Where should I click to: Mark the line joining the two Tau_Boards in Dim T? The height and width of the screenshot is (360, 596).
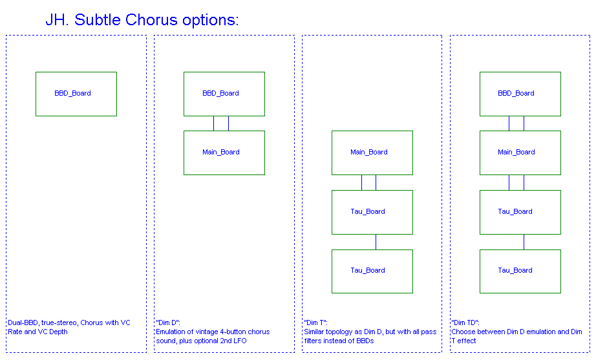376,242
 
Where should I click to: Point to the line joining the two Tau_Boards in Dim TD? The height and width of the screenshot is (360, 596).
524,242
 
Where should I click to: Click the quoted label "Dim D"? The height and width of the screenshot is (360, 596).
167,323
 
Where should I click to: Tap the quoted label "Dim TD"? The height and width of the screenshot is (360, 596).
465,323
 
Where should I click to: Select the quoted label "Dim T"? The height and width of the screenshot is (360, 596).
315,323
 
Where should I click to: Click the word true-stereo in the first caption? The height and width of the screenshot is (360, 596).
59,323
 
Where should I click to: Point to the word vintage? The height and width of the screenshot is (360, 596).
206,332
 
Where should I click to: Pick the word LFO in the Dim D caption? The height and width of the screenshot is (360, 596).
240,341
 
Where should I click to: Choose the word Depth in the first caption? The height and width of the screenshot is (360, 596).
58,332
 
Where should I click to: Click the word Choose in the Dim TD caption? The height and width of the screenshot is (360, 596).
463,332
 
